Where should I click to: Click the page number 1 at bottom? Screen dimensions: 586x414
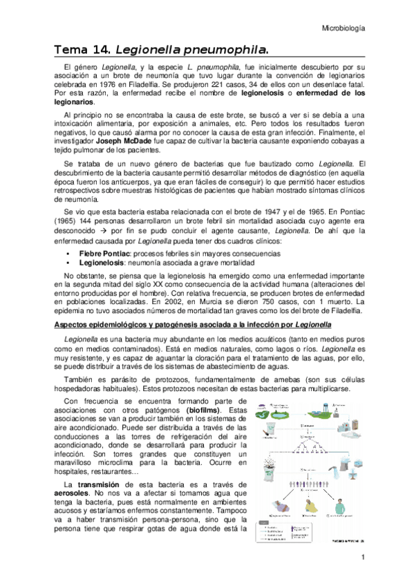[361, 557]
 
